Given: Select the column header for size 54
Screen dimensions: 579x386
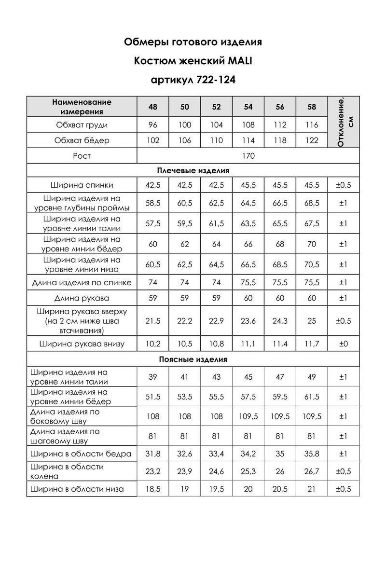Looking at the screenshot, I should [248, 107].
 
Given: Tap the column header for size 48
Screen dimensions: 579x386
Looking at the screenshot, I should [153, 107].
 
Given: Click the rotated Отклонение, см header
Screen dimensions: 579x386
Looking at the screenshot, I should [343, 122].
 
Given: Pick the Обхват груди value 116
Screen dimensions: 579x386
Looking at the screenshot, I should [312, 125].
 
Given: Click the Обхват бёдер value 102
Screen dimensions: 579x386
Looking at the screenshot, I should [153, 141].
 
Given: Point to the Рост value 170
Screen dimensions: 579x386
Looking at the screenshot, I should [248, 156].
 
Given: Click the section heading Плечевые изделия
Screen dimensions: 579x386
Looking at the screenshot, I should [193, 170].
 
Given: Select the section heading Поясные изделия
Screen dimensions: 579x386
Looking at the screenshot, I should [193, 359].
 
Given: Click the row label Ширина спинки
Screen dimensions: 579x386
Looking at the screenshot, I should [82, 185].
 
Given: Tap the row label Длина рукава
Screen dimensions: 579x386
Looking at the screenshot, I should [82, 298].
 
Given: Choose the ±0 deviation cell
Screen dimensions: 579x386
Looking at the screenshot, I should [343, 344].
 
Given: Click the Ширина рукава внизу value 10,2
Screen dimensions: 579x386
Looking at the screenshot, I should [153, 344].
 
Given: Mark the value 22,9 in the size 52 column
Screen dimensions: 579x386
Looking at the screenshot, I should [217, 321].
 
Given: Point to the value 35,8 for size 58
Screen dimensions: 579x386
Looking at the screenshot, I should [312, 454].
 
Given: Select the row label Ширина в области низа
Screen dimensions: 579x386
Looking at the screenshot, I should [77, 489].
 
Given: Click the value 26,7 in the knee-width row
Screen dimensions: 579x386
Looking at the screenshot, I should [312, 471].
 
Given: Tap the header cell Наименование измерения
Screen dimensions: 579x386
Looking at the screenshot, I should [82, 107].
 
